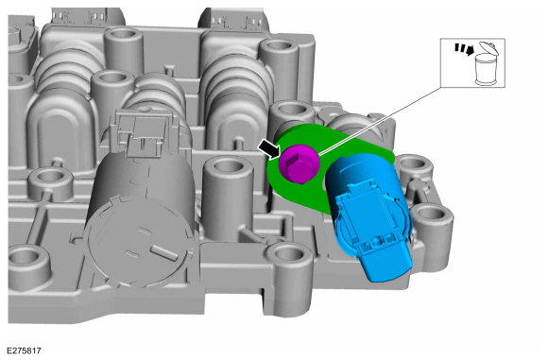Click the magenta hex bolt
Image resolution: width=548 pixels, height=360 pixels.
click(300, 163)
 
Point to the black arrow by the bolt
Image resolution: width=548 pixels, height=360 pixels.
click(269, 148)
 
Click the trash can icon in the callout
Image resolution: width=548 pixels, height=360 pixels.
click(487, 69)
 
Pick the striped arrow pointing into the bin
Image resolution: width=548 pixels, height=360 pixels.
click(464, 49)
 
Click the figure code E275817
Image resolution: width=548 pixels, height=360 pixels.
click(25, 351)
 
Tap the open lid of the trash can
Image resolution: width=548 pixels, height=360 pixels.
click(488, 48)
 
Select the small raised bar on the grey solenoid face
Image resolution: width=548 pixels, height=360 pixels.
click(163, 252)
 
